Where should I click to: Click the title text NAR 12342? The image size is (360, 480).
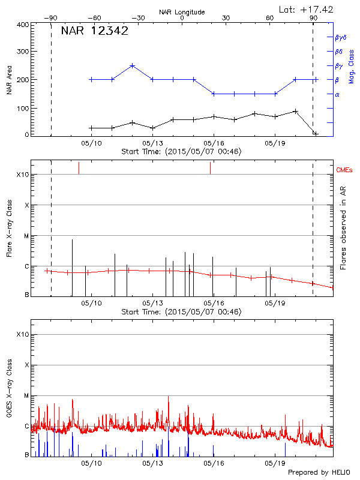(94, 31)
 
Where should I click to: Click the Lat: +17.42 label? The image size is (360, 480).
(307, 9)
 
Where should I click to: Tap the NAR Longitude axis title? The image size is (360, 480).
(182, 12)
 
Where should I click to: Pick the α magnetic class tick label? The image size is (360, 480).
(337, 94)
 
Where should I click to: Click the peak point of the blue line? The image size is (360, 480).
(133, 65)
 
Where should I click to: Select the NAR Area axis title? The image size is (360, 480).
(10, 79)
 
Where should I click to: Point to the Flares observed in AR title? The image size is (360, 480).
(343, 228)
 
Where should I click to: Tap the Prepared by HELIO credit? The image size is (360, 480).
(319, 473)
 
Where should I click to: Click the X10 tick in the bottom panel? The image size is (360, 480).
(22, 334)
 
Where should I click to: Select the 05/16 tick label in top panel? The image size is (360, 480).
(214, 143)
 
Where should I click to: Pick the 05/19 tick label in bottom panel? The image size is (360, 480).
(275, 463)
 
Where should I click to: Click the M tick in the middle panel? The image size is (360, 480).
(26, 236)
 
